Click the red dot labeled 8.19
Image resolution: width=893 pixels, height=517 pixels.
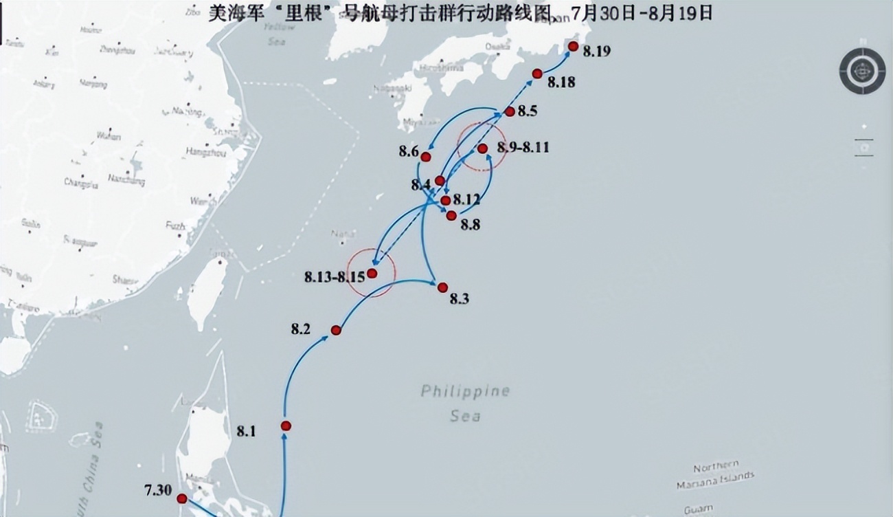574,46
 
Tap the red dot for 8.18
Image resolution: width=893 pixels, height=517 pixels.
537,74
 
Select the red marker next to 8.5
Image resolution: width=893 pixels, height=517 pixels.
510,111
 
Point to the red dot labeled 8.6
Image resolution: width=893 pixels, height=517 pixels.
426,157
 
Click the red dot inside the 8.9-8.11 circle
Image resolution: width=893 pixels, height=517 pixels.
482,148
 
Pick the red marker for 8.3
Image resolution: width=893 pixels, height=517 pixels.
442,287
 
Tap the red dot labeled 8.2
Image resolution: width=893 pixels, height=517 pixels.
336,330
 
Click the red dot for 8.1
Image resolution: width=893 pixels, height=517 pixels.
286,426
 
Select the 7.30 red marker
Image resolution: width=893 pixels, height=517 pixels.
182,498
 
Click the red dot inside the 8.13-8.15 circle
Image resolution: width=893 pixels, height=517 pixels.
372,273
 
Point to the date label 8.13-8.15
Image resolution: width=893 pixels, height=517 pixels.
335,278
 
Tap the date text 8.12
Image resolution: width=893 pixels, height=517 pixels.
466,200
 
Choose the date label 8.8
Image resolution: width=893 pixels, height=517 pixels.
471,225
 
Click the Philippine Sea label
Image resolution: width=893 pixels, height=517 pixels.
466,403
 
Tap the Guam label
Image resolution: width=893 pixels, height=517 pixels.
698,509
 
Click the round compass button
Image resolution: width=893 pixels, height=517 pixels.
861,71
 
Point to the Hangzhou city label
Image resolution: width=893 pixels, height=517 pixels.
205,153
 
